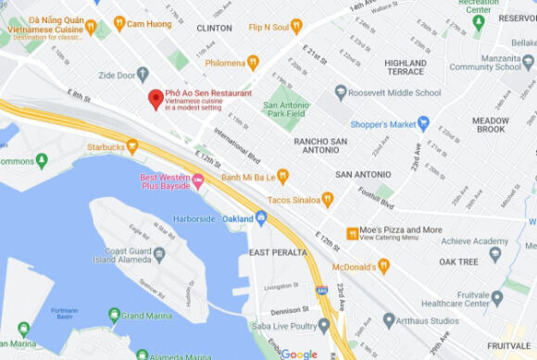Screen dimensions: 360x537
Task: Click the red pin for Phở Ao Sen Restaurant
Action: [x=156, y=99]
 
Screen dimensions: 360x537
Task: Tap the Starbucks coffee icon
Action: [x=132, y=145]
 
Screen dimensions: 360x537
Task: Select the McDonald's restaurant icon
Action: [x=383, y=266]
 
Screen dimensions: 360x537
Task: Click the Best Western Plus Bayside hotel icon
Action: [x=198, y=180]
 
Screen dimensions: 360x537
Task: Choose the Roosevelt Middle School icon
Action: [x=341, y=93]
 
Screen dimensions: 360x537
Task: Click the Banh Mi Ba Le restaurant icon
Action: [x=283, y=176]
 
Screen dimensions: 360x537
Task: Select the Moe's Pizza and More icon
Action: [x=352, y=233]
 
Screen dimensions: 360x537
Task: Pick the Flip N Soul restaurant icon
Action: [x=296, y=26]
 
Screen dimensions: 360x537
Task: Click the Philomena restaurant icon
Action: [x=253, y=63]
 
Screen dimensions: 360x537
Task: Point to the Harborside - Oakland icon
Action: [x=261, y=218]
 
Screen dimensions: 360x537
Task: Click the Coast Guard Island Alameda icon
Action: [x=159, y=253]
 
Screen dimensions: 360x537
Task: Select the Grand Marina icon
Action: [x=114, y=316]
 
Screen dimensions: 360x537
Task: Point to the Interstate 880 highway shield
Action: [x=321, y=290]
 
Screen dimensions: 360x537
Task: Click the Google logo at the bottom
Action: [x=298, y=354]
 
